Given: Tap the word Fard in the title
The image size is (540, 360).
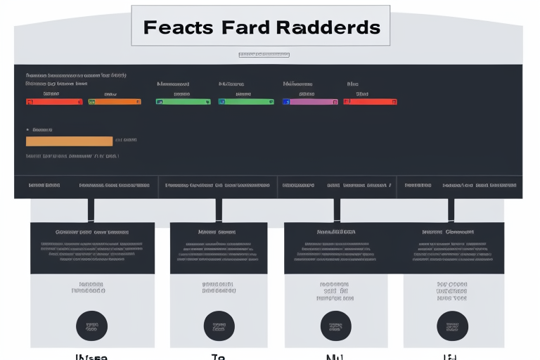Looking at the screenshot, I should click(x=242, y=27).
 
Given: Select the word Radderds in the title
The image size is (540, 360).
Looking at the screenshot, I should click(x=328, y=27).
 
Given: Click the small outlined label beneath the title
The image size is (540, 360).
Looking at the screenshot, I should click(x=264, y=55).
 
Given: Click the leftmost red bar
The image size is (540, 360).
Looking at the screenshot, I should click(x=54, y=102).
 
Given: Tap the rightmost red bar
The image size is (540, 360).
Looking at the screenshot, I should click(x=370, y=102).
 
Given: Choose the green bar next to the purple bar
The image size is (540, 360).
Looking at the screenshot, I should click(x=246, y=102).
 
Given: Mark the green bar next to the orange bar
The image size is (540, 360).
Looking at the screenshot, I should click(x=183, y=102).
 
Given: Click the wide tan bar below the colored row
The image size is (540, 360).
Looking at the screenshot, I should click(x=69, y=141).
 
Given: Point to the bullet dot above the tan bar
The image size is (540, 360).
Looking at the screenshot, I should click(x=27, y=130).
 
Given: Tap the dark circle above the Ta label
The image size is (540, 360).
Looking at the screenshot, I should click(x=219, y=326).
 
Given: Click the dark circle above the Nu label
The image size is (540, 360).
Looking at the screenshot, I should click(x=335, y=326).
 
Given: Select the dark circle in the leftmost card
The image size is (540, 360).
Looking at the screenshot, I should click(x=91, y=326).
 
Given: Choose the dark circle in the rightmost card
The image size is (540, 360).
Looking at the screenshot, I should click(x=452, y=326).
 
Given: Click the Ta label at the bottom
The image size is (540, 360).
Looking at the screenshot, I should click(x=218, y=356).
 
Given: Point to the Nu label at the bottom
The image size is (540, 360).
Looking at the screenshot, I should click(x=335, y=356).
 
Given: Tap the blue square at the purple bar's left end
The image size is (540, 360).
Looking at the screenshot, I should click(x=285, y=102).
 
